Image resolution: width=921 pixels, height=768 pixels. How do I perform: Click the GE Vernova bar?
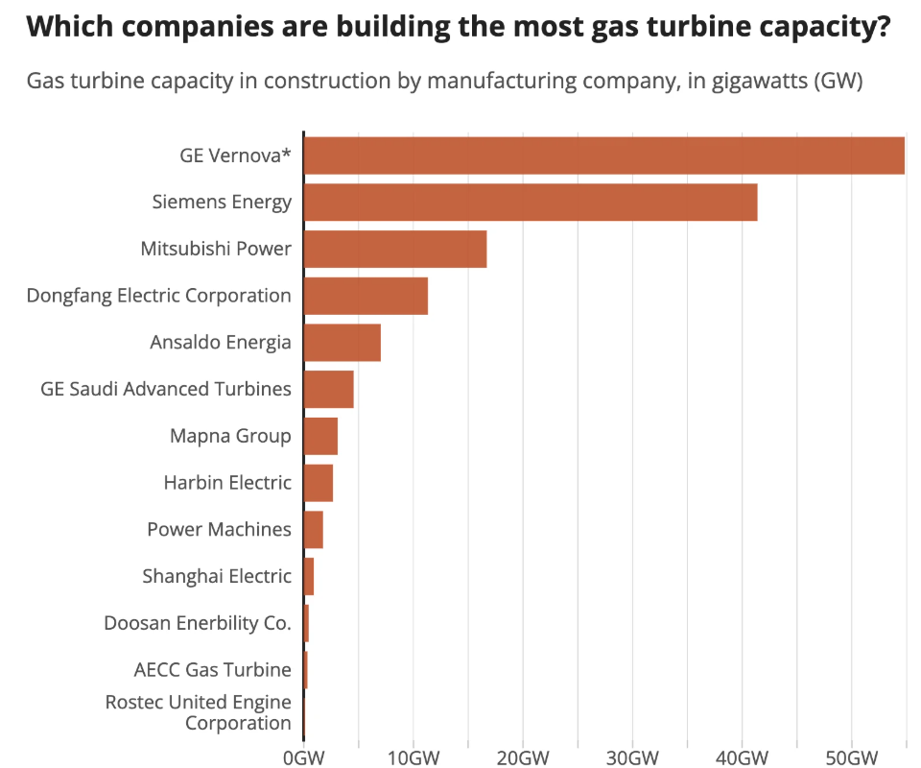604,156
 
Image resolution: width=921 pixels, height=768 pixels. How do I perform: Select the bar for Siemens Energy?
531,203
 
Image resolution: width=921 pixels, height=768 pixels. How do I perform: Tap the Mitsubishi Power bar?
395,249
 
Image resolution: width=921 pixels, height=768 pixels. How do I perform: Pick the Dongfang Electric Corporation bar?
366,296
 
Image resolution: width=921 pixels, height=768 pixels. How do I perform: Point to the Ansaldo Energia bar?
342,343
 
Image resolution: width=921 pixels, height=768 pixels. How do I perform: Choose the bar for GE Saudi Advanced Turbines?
329,389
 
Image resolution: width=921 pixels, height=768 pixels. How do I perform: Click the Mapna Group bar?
320,436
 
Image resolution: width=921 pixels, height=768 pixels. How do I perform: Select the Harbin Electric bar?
319,483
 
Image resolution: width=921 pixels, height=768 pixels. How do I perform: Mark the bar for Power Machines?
314,530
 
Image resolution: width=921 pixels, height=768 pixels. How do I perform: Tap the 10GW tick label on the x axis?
413,756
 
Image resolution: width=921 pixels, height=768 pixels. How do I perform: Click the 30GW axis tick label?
631,756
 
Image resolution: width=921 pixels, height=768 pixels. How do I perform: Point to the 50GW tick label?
851,756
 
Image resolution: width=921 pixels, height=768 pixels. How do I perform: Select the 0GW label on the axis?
303,756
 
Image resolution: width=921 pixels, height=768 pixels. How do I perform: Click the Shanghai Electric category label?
217,576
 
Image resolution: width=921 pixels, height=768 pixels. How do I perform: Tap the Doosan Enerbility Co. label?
198,623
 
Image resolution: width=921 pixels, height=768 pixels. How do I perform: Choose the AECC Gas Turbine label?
213,669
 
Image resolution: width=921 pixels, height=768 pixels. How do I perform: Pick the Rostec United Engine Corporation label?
199,712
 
